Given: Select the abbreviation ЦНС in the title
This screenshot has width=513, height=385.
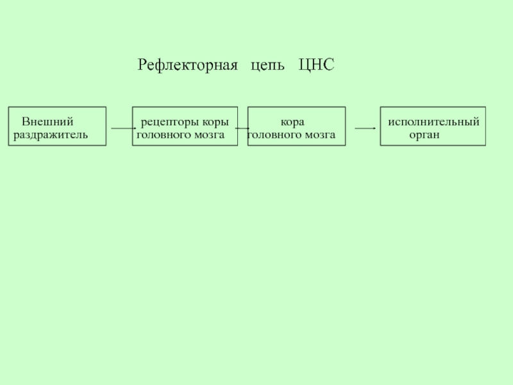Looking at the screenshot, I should click(316, 65).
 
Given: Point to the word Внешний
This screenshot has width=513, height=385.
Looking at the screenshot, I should click(47, 121).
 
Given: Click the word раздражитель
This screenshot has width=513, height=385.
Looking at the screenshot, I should click(50, 135).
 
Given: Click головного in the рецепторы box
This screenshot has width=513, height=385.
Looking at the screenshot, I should click(162, 135).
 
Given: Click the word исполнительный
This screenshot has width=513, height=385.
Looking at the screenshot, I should click(433, 121).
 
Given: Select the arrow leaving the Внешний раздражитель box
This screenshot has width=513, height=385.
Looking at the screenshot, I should click(122, 128).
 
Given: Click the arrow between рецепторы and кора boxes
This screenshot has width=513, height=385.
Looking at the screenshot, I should click(242, 128).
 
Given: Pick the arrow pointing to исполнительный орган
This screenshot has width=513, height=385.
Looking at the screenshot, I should click(365, 128).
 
